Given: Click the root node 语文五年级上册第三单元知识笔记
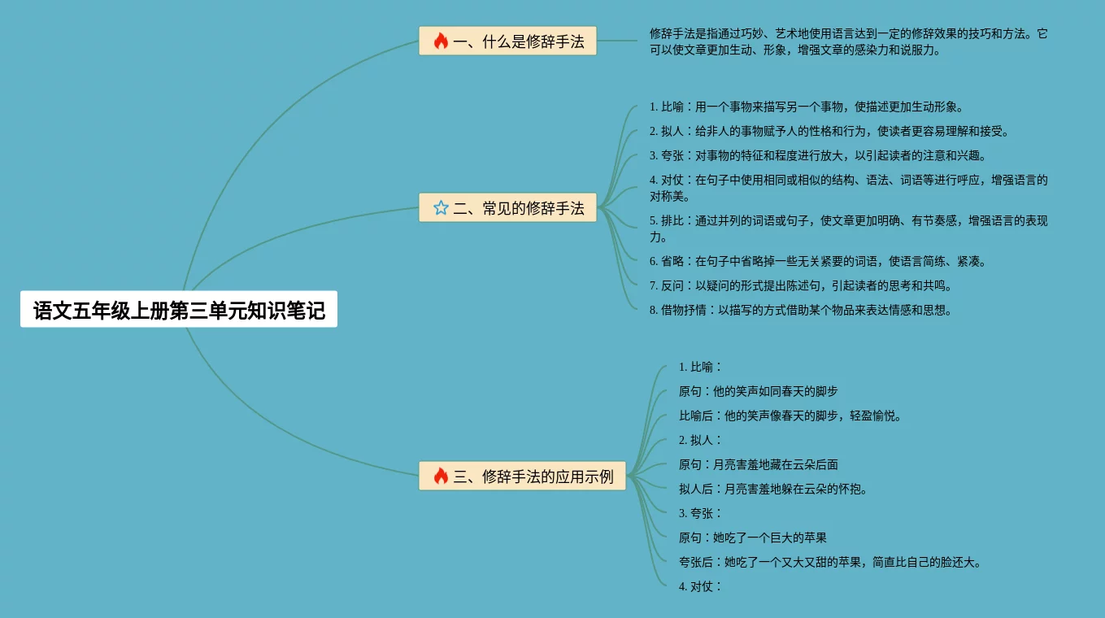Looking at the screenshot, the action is pos(179,310).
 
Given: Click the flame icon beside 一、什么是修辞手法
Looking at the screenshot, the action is pos(441,41).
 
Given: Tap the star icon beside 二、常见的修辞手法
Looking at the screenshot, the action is pos(441,208).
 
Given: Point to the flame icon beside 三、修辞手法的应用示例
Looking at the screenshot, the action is pos(441,477).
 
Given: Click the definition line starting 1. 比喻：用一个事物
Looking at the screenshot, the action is pos(806,107).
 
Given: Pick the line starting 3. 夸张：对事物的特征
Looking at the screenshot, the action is pos(817,155).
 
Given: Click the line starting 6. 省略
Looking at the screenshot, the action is pos(817,261).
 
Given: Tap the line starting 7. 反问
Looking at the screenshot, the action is pos(800,285).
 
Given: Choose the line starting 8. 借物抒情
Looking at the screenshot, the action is pos(800,310).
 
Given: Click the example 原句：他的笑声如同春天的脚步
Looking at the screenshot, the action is pos(758,391).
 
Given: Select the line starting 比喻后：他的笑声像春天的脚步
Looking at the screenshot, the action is pos(790,416).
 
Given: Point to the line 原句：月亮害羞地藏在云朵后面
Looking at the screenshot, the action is pos(758,464).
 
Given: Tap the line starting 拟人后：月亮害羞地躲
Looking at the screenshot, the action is pos(773,489).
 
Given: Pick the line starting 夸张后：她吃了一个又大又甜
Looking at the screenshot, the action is pos(830,562).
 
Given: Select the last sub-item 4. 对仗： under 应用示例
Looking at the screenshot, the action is pos(700,586).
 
